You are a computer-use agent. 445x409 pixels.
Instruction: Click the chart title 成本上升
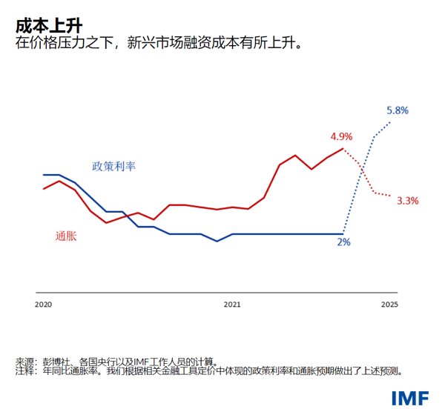pyautogui.click(x=44, y=25)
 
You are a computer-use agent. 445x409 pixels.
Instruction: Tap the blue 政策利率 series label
pyautogui.click(x=113, y=166)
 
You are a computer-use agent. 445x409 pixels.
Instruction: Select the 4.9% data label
pyautogui.click(x=341, y=136)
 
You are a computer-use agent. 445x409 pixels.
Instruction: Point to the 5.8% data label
pyautogui.click(x=398, y=110)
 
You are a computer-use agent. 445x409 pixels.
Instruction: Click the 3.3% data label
pyautogui.click(x=408, y=200)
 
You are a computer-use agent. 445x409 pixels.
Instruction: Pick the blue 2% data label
pyautogui.click(x=344, y=242)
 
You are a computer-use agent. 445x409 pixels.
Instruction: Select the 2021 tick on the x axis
pyautogui.click(x=233, y=305)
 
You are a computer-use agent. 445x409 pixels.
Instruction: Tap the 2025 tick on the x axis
pyautogui.click(x=389, y=305)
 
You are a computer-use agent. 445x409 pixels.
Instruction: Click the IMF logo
pyautogui.click(x=409, y=397)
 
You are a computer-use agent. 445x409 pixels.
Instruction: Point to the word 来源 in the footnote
pyautogui.click(x=24, y=362)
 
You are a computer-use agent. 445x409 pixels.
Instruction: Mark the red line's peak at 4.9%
pyautogui.click(x=343, y=149)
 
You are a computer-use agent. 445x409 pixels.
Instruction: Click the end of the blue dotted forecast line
pyautogui.click(x=390, y=122)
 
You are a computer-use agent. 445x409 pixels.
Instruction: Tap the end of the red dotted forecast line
pyautogui.click(x=390, y=196)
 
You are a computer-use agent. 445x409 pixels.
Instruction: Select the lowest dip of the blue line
pyautogui.click(x=217, y=241)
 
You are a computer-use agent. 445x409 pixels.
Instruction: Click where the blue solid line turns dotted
pyautogui.click(x=343, y=234)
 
